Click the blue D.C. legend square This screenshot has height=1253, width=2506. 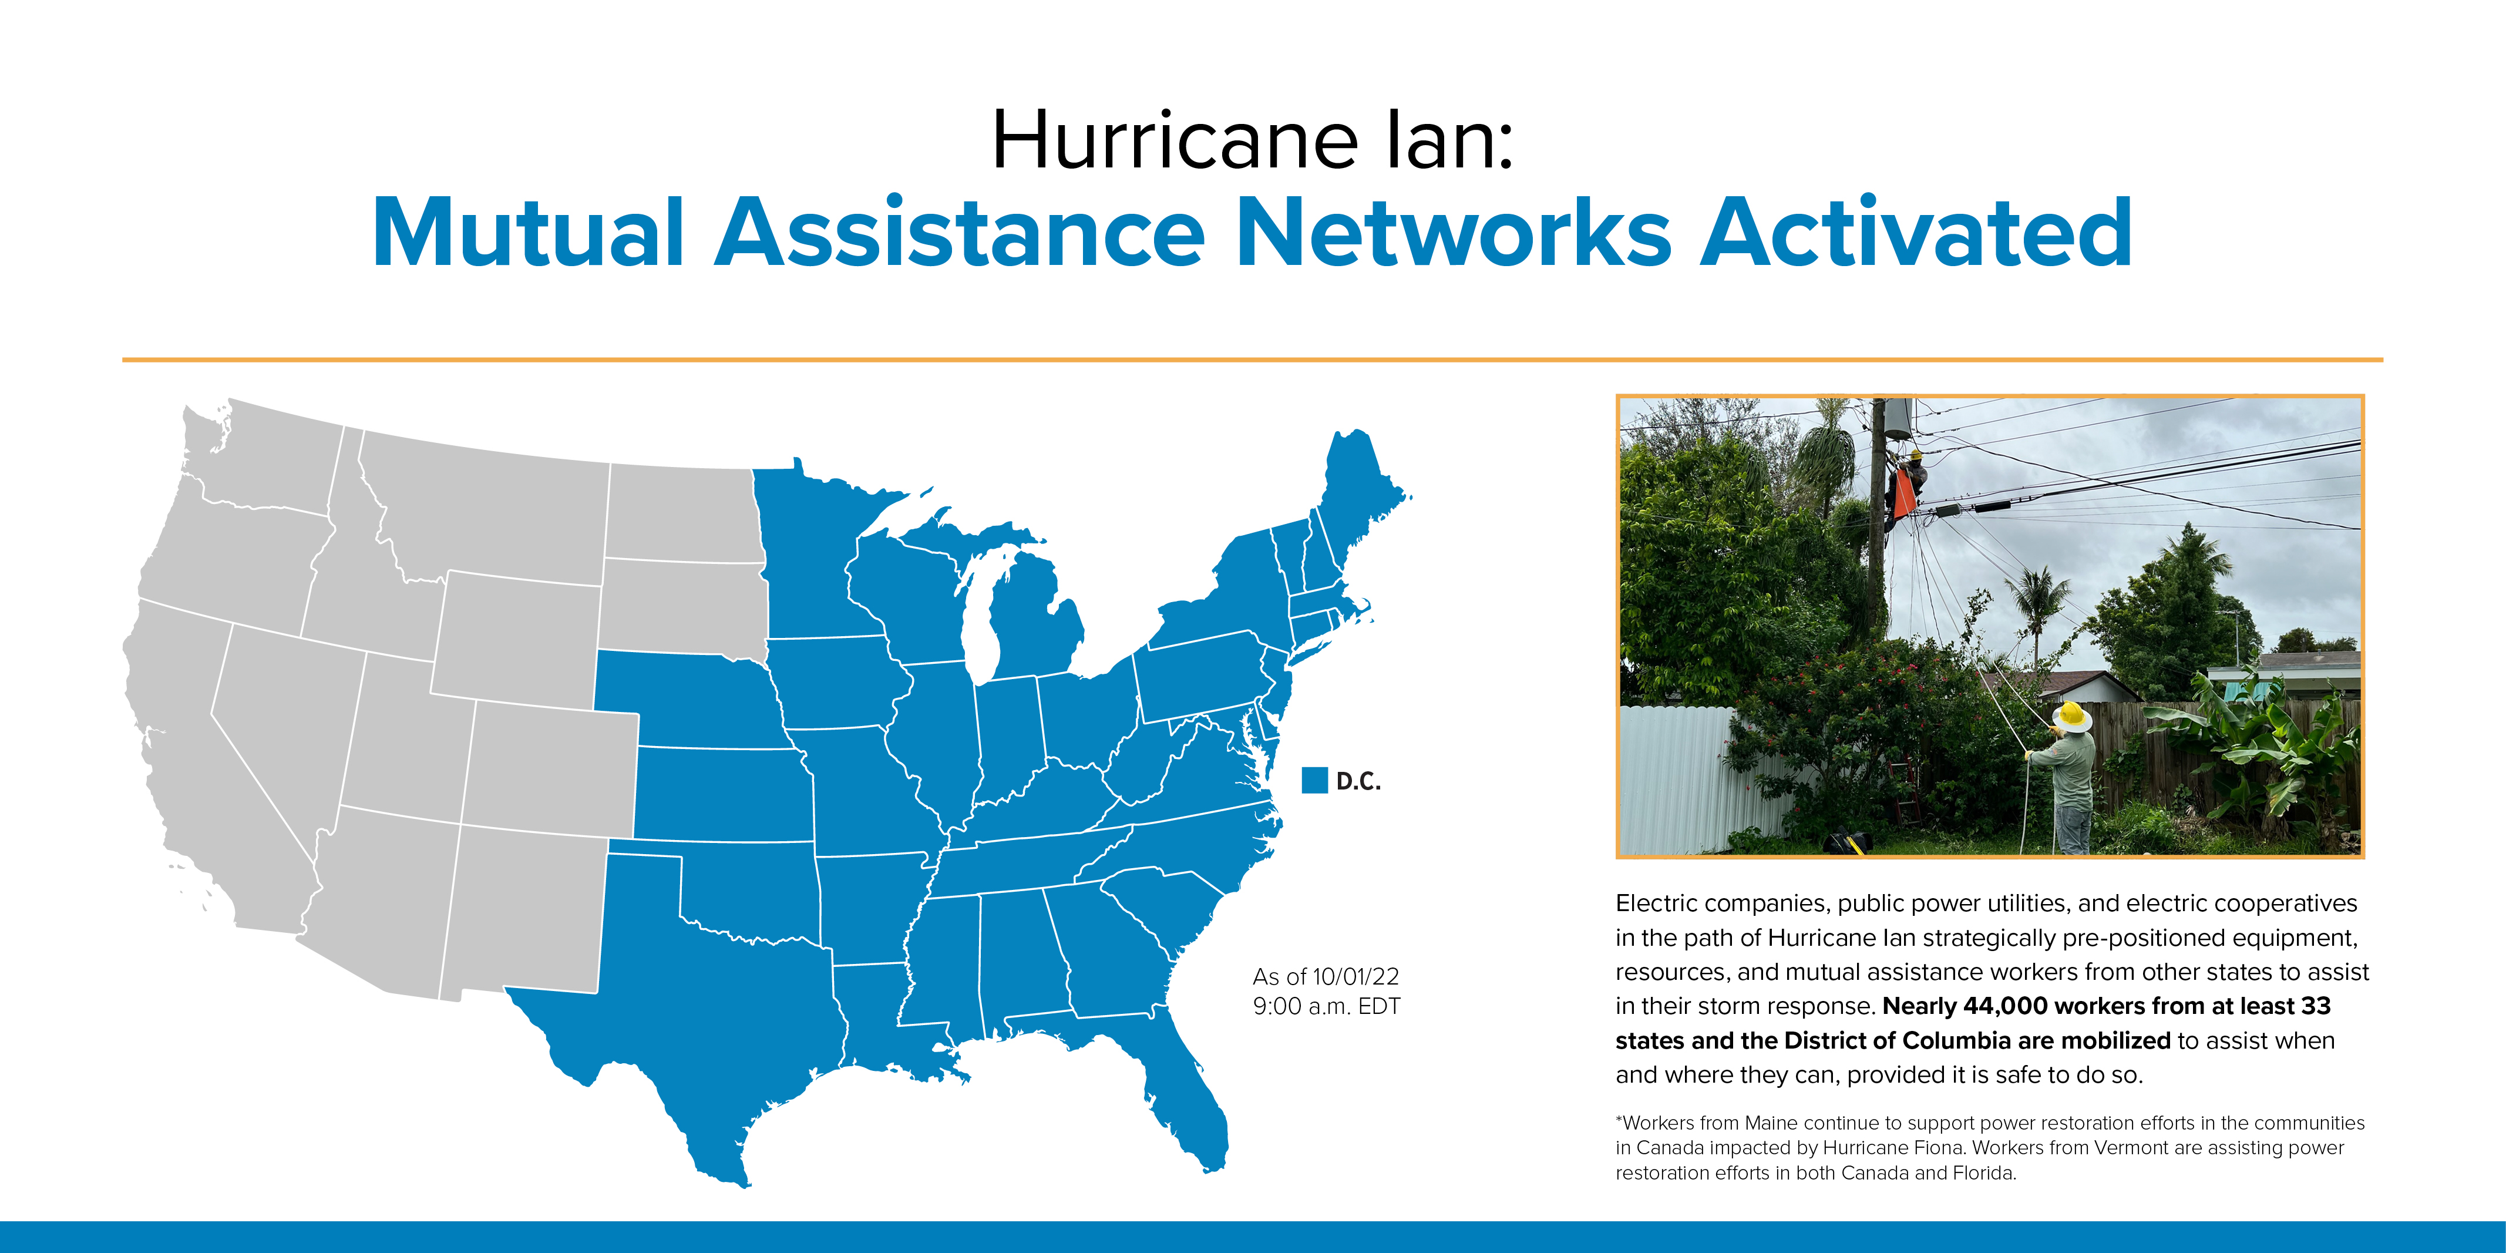click(1314, 780)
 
